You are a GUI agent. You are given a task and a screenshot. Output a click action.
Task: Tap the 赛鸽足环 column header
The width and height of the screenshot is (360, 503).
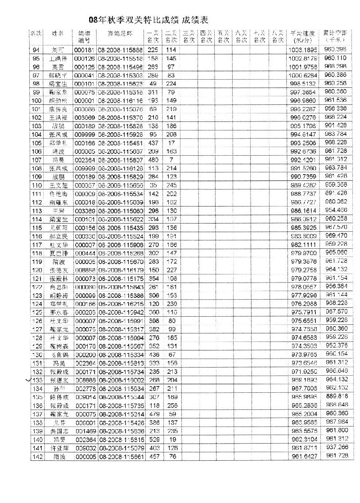120,33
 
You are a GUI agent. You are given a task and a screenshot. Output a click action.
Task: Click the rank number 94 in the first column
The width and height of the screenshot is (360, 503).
36,49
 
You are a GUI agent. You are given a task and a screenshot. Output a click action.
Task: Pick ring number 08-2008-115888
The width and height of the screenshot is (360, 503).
120,49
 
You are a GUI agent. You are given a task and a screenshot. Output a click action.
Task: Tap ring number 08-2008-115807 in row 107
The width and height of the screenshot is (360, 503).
120,159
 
